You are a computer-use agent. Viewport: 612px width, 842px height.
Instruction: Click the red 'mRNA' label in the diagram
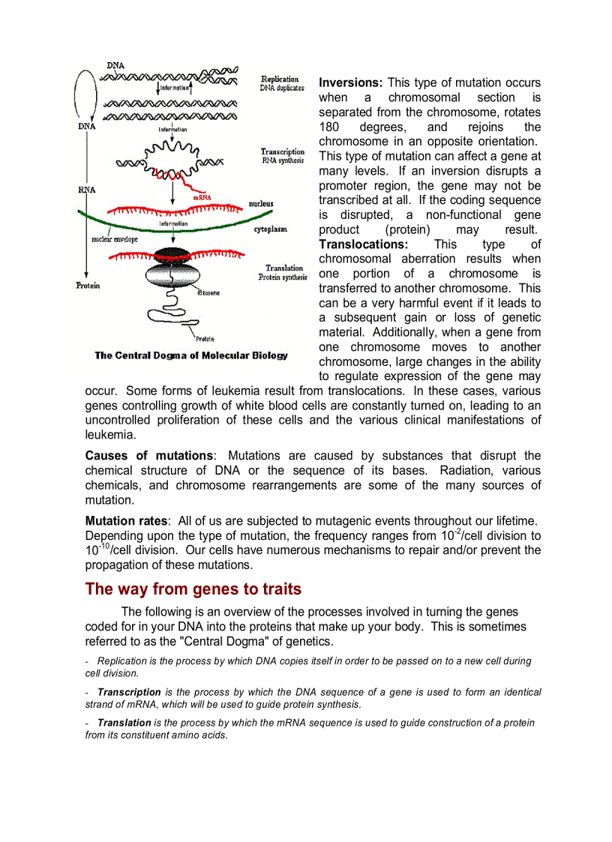(x=201, y=197)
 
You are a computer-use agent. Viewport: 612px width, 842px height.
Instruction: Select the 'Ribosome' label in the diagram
(x=208, y=293)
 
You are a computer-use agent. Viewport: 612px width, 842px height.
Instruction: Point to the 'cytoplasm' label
(x=271, y=229)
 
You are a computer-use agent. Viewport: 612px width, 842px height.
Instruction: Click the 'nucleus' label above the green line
(x=261, y=203)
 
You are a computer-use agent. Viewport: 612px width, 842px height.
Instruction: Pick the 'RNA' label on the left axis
(x=87, y=190)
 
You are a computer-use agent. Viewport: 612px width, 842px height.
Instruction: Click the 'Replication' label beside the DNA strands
(x=280, y=79)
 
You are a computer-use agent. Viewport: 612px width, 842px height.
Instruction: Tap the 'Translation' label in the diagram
(x=284, y=268)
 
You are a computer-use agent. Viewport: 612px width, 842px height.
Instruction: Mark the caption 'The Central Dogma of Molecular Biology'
(x=190, y=355)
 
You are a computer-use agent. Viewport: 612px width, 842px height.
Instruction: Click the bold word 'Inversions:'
(x=351, y=82)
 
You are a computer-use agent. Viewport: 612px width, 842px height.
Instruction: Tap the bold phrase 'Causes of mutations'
(x=149, y=456)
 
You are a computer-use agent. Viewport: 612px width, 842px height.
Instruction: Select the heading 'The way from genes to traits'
(x=193, y=589)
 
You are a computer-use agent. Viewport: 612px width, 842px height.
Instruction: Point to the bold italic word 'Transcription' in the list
(x=129, y=692)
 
